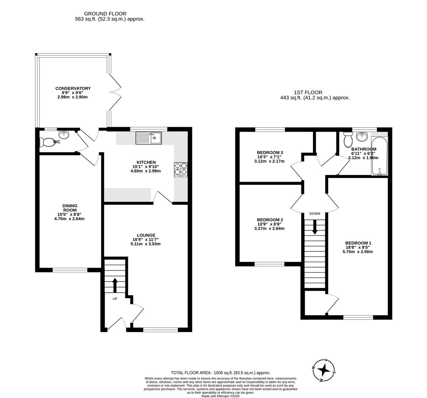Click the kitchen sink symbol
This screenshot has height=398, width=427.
(149, 138)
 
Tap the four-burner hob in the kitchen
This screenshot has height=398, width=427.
(181, 170)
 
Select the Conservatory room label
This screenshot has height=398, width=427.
(73, 88)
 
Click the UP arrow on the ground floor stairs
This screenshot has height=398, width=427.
(115, 285)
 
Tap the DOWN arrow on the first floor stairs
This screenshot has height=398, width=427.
(315, 227)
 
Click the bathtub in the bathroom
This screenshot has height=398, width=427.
(379, 156)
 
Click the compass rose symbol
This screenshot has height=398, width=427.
(324, 370)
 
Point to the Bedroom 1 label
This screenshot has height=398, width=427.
(358, 243)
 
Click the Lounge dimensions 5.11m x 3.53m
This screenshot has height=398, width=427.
(146, 244)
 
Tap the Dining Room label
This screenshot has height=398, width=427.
(70, 208)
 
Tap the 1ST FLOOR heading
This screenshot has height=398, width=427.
(308, 92)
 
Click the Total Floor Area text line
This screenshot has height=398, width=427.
(220, 373)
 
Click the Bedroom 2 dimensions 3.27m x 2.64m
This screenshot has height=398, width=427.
(269, 228)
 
